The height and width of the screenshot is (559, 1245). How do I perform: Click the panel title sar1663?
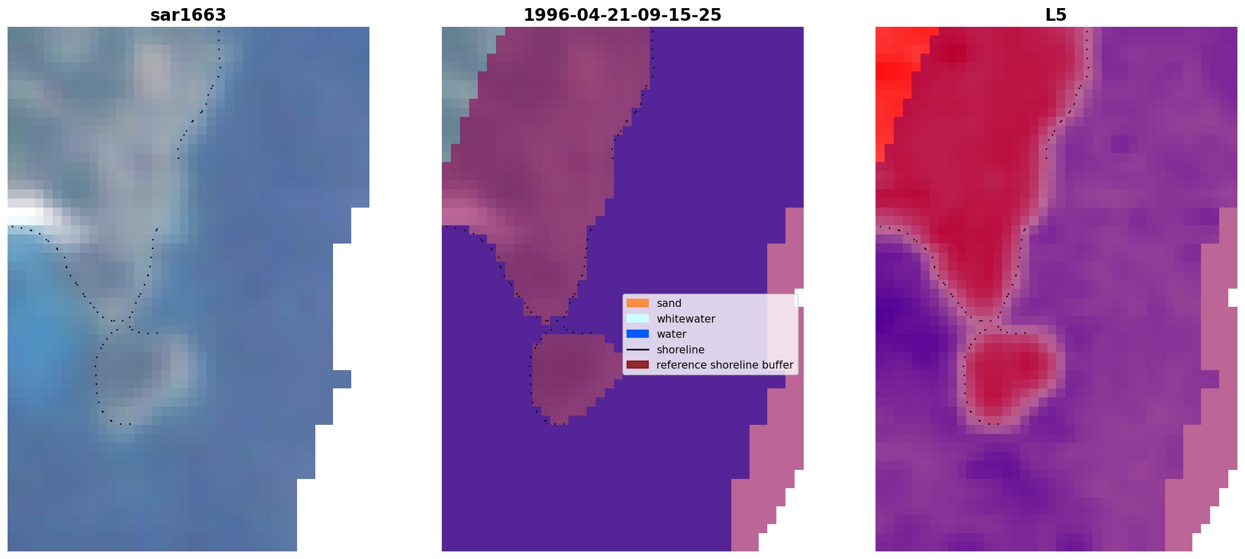pos(188,15)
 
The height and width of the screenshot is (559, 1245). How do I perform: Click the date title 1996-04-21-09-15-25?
pos(622,15)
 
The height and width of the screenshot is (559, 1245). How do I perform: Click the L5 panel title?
pos(1056,15)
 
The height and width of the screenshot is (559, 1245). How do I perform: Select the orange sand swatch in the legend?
pos(638,303)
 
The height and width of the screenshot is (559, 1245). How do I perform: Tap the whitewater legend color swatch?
pos(638,318)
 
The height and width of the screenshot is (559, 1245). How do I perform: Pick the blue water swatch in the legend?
pos(638,334)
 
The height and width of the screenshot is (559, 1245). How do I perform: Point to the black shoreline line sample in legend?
pos(638,350)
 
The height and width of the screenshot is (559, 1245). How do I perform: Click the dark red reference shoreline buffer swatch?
pos(638,365)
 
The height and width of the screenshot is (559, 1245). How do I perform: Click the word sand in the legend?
pos(669,303)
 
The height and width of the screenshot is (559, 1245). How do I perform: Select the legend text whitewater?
pos(686,319)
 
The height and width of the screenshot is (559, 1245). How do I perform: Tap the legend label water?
pos(672,334)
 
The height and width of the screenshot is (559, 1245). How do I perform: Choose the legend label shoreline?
pos(681,350)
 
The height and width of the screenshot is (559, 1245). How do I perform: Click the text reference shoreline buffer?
pos(725,365)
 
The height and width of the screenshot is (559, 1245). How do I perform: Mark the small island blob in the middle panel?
pos(569,377)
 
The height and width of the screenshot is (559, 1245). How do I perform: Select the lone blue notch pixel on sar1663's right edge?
pos(342,379)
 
